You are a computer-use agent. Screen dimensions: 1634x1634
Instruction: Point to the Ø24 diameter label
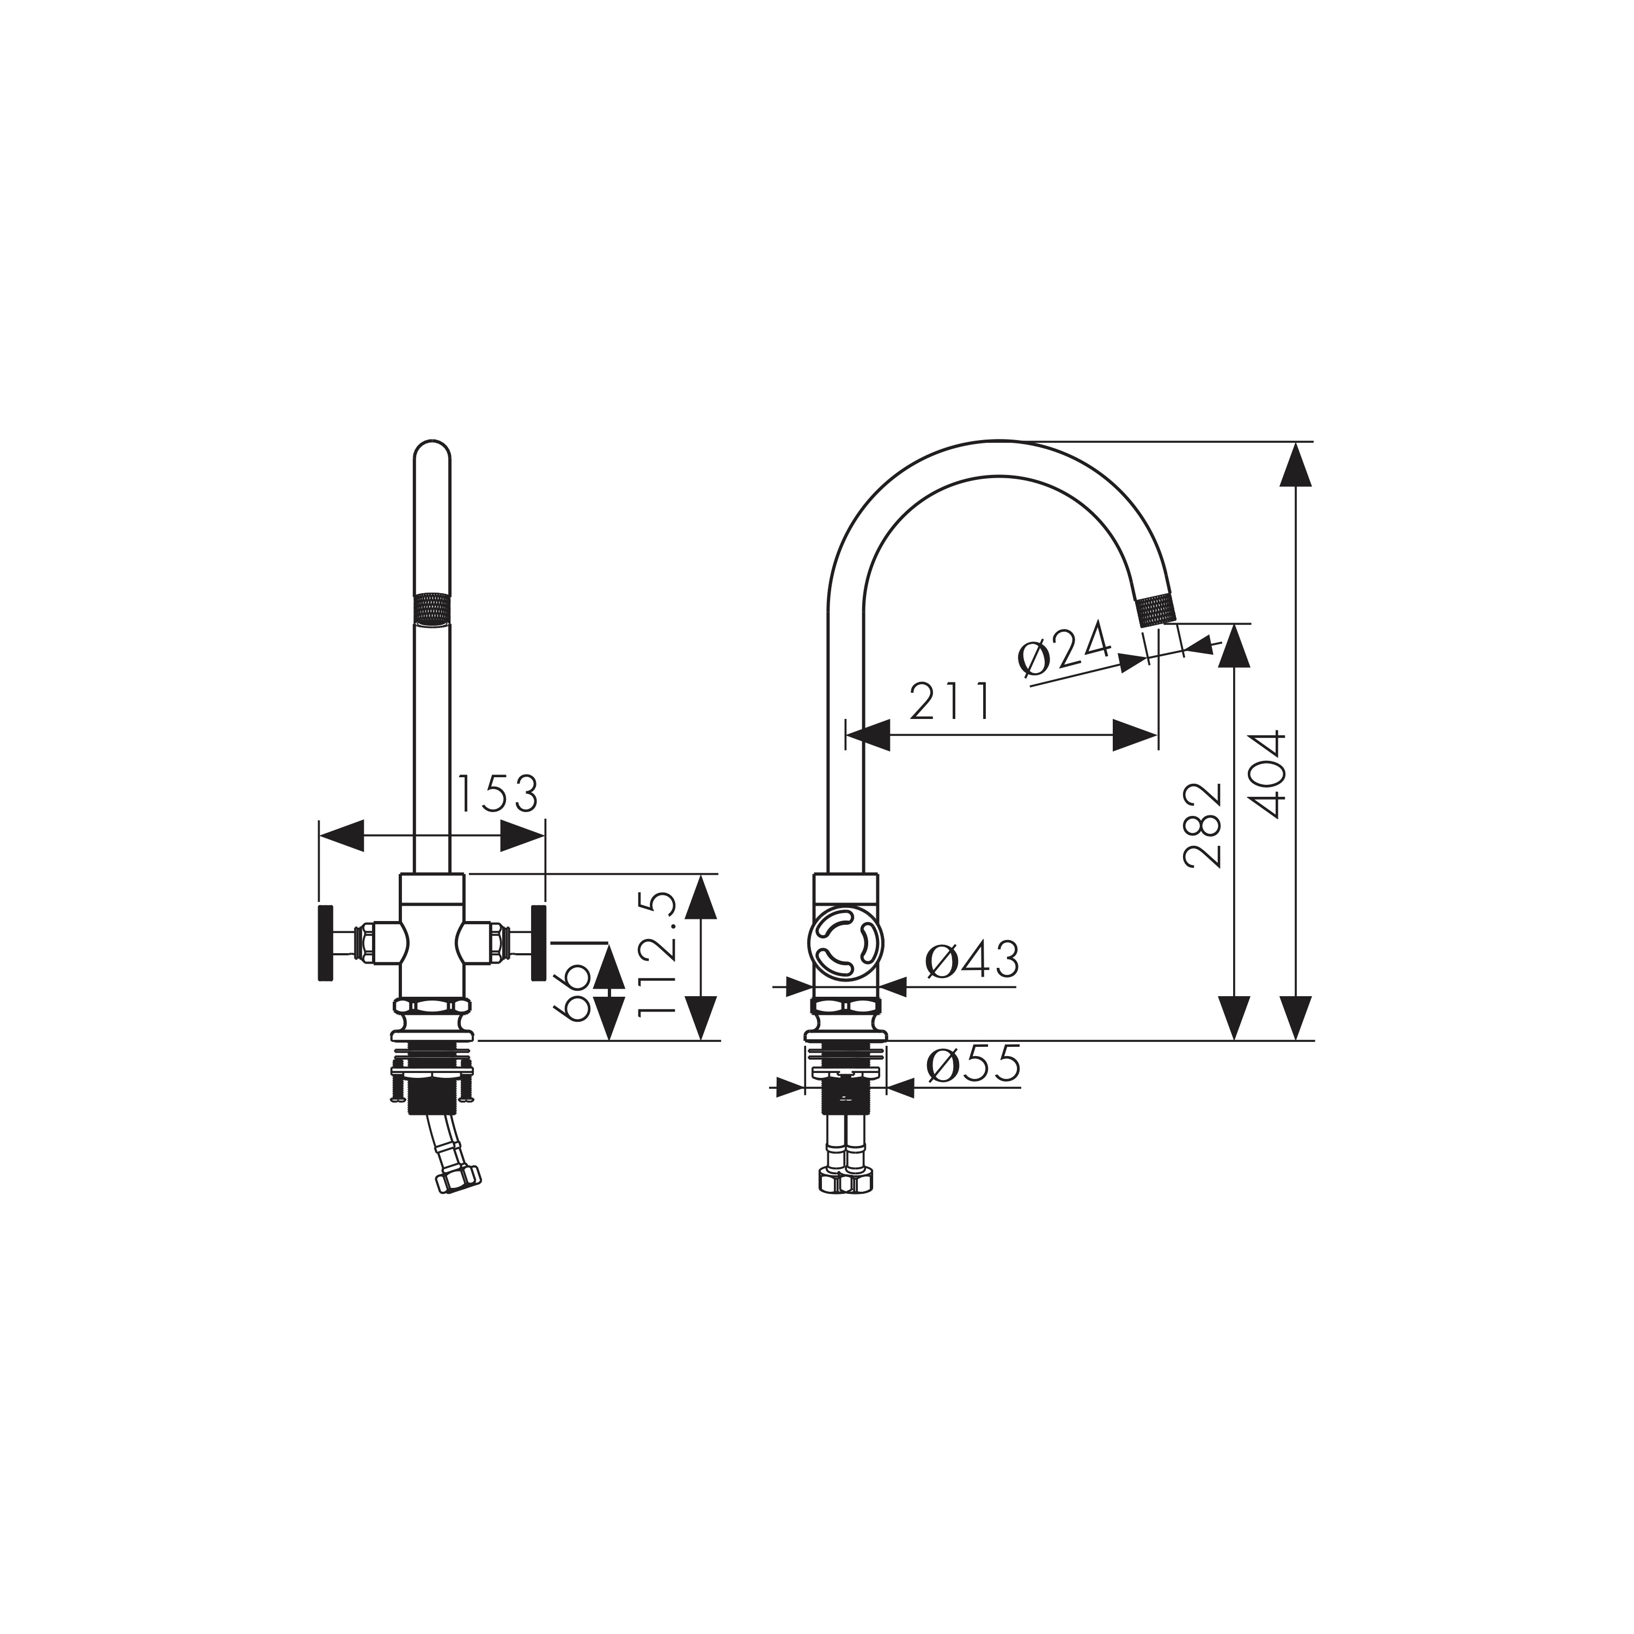tap(1064, 649)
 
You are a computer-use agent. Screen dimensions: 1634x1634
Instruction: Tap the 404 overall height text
tap(1266, 774)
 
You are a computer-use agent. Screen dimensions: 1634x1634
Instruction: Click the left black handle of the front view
tap(325, 943)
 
